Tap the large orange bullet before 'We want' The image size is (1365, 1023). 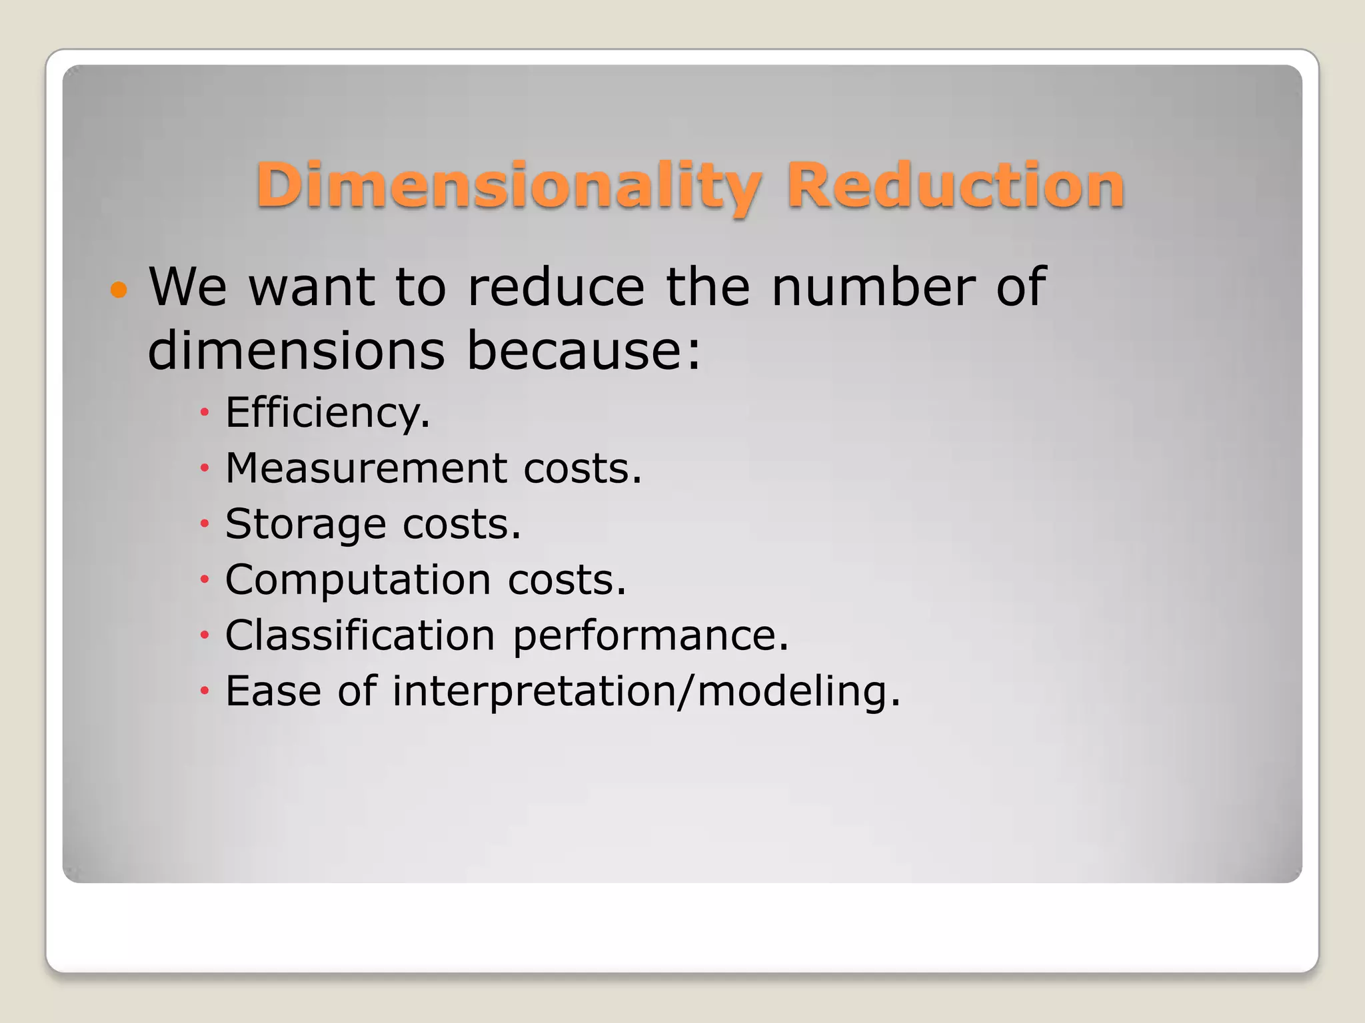[x=118, y=290]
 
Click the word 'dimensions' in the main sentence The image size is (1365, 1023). [x=296, y=350]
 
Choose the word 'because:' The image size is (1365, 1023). [x=584, y=350]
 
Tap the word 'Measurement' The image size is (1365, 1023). [x=366, y=468]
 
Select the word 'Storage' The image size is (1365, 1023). [x=305, y=524]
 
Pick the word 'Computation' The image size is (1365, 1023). [x=358, y=579]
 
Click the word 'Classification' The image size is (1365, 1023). [x=360, y=635]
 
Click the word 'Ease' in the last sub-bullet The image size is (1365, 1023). [x=273, y=691]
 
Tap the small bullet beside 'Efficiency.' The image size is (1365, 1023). [x=205, y=413]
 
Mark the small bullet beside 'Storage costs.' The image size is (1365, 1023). [x=205, y=524]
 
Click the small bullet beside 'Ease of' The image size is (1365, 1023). [x=205, y=691]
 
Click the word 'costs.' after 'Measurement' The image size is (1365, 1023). [x=583, y=468]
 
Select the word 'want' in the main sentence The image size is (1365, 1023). [x=311, y=288]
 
